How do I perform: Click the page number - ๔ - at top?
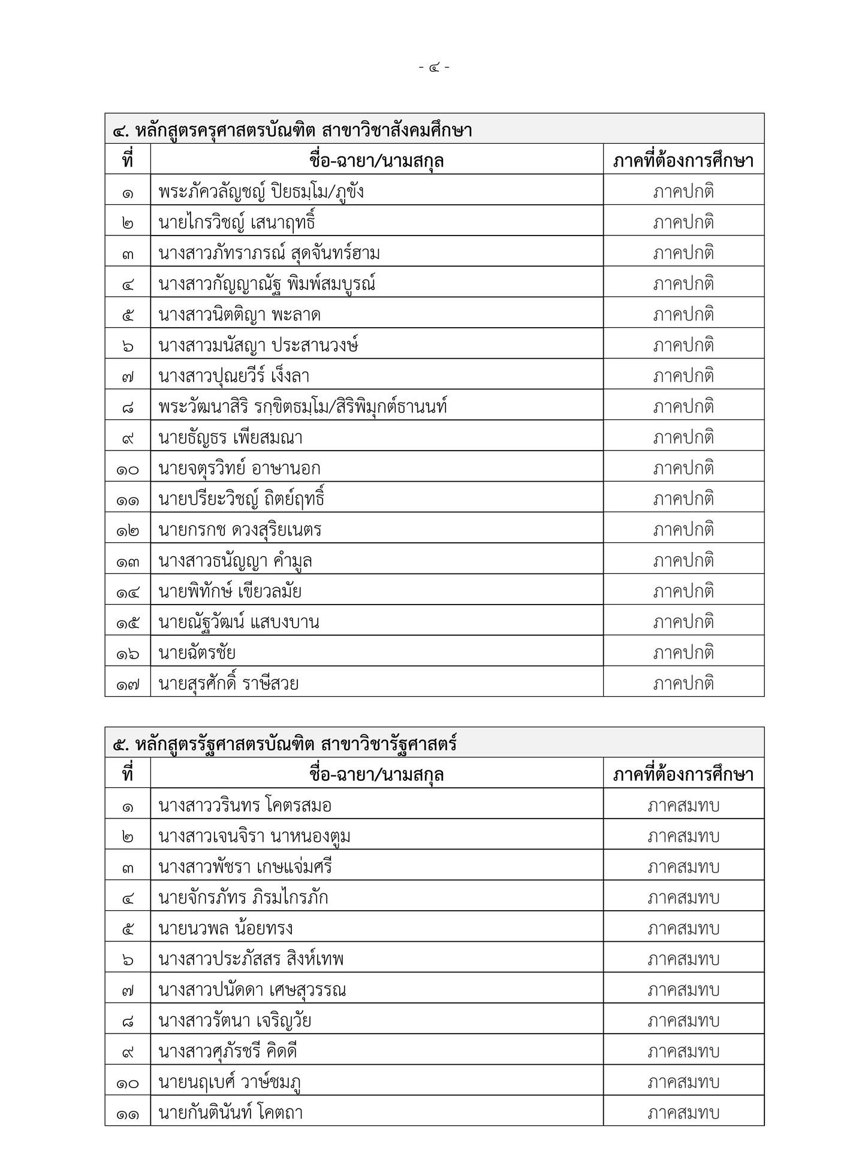pyautogui.click(x=435, y=68)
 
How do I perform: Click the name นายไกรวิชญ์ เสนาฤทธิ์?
pyautogui.click(x=237, y=223)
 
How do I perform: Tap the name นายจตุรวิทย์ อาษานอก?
pyautogui.click(x=239, y=469)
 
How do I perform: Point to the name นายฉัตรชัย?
pyautogui.click(x=197, y=653)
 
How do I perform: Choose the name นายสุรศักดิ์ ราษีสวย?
pyautogui.click(x=228, y=684)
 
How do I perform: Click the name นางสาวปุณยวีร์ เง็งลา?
pyautogui.click(x=234, y=376)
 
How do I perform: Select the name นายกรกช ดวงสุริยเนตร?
pyautogui.click(x=240, y=530)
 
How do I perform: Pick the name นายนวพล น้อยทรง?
pyautogui.click(x=225, y=929)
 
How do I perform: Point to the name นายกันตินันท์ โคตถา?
pyautogui.click(x=230, y=1113)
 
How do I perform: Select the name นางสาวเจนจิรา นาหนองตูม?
pyautogui.click(x=254, y=836)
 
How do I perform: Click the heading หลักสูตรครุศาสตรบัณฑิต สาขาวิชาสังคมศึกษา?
pyautogui.click(x=293, y=130)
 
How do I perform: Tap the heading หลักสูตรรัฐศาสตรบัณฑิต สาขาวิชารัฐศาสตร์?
pyautogui.click(x=285, y=744)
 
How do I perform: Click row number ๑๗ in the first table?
pyautogui.click(x=128, y=684)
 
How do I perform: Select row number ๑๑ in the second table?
pyautogui.click(x=128, y=1113)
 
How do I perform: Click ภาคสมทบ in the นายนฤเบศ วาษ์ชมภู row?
pyautogui.click(x=683, y=1083)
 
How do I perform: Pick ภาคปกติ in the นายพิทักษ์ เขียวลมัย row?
pyautogui.click(x=683, y=591)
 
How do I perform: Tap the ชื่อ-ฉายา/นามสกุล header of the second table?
pyautogui.click(x=376, y=775)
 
